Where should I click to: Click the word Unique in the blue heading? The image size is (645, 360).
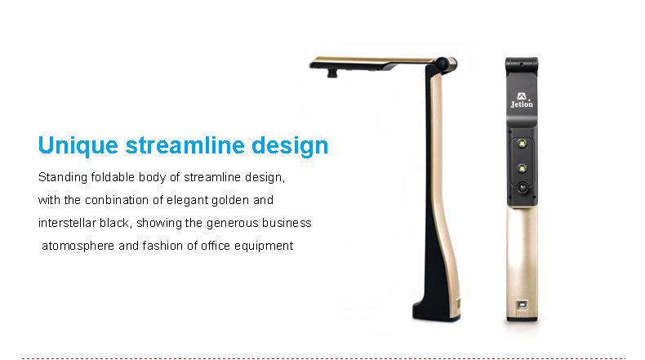click(78, 145)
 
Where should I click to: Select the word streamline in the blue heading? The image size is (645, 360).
click(185, 144)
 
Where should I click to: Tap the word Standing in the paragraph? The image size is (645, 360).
click(63, 177)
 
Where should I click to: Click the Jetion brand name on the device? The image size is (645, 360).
click(522, 104)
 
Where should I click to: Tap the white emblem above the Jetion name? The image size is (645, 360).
click(522, 96)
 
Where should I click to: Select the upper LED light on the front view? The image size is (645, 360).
click(522, 144)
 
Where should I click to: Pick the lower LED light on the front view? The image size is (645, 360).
click(522, 169)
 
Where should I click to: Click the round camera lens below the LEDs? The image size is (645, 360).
click(523, 188)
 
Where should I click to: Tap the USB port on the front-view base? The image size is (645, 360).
click(522, 304)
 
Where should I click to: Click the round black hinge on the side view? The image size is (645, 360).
click(442, 64)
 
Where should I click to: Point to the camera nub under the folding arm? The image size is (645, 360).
click(332, 73)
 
